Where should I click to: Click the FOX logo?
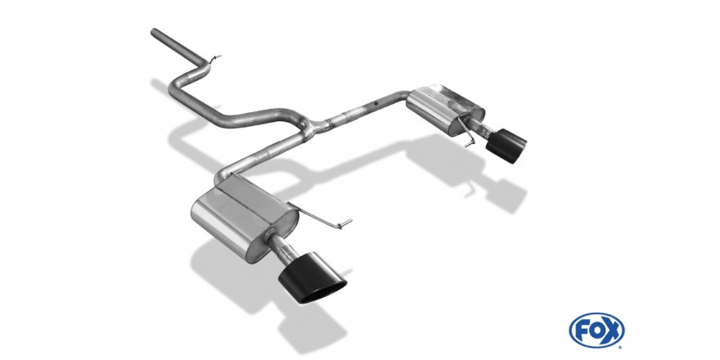(596, 331)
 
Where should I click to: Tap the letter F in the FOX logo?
(582, 331)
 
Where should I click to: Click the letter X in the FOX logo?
(612, 331)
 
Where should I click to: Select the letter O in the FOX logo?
(596, 331)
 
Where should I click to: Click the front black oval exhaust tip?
(313, 279)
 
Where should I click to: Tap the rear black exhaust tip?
(506, 146)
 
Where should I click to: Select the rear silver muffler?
(444, 110)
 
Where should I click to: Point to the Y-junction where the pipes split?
(312, 126)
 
